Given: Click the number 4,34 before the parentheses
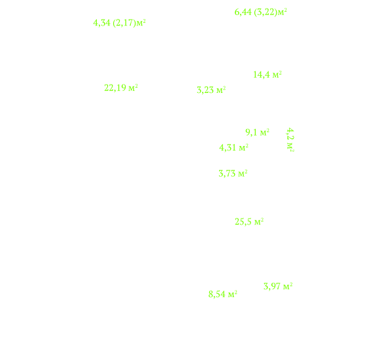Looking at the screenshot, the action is click(101, 23).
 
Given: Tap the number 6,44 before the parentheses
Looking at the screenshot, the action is click(243, 12).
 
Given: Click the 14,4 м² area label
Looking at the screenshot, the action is click(267, 75).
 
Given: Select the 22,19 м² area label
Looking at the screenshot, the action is click(121, 88).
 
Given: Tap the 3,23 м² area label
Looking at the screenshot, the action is click(211, 90).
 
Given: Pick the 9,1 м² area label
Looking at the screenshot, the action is click(257, 132).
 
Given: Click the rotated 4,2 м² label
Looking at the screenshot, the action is click(290, 139).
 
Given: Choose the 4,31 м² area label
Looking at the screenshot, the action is click(234, 147).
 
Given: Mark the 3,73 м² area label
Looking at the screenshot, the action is click(233, 173).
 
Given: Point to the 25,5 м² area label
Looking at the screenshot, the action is click(249, 221).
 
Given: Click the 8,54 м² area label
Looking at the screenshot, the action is click(223, 294).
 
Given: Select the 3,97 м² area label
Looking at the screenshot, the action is click(278, 286).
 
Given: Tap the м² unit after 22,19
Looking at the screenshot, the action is click(133, 88).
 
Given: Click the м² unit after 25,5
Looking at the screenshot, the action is click(259, 221).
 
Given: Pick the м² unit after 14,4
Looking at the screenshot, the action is click(277, 75).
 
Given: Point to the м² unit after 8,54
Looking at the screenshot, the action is click(233, 294).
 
